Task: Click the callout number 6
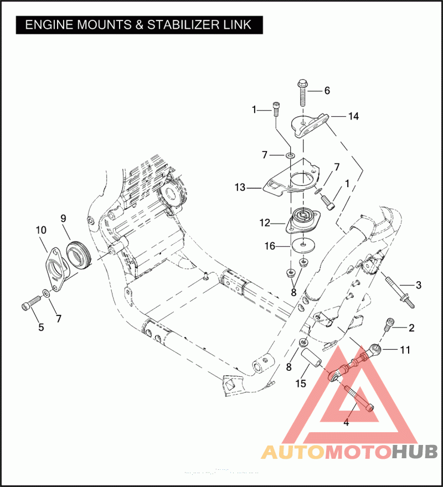coord(327,90)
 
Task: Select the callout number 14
coord(353,116)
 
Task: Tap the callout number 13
coord(240,188)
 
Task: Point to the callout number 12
coord(265,223)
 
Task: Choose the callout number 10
coord(42,229)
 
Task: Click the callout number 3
coord(419,285)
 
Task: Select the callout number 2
coord(411,328)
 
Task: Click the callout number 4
coord(346,423)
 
